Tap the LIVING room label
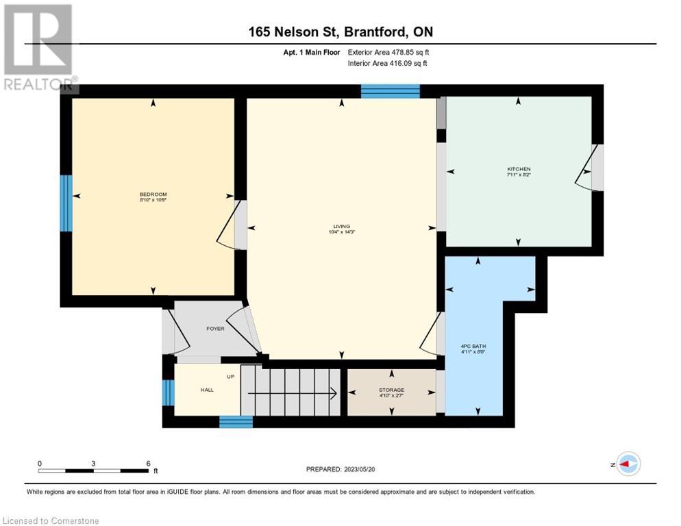click(x=340, y=229)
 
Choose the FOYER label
click(x=215, y=329)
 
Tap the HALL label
click(x=207, y=390)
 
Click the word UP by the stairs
click(x=231, y=377)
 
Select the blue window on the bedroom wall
click(x=66, y=203)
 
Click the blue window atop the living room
click(x=390, y=91)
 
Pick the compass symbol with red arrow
click(x=628, y=464)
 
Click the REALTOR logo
click(x=38, y=47)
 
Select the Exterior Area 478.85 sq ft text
click(x=388, y=52)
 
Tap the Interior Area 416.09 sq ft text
click(x=388, y=64)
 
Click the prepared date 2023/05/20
click(x=341, y=469)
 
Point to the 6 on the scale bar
click(x=148, y=463)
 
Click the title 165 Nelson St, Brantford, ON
click(x=340, y=32)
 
